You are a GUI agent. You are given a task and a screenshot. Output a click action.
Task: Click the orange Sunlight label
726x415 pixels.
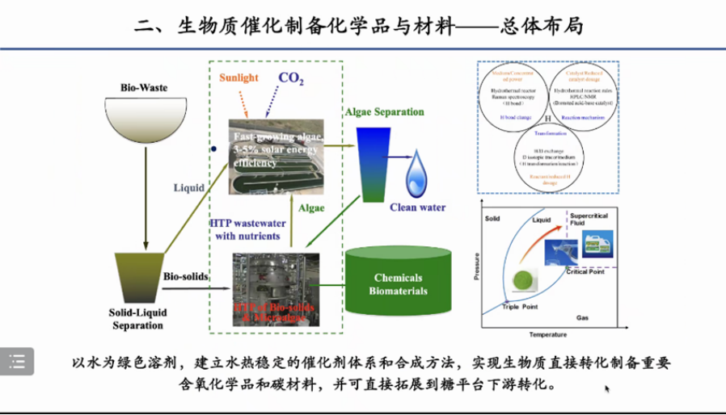coord(239,78)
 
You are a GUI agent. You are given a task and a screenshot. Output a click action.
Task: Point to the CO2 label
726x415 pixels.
coord(291,78)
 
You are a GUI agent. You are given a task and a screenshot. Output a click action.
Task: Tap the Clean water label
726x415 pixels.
coord(418,207)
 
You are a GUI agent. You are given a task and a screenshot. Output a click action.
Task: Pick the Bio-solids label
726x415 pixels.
coord(186,276)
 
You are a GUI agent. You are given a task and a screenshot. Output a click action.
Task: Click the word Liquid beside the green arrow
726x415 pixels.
coord(188,188)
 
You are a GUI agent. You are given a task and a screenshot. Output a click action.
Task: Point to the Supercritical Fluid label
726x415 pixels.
coord(594,221)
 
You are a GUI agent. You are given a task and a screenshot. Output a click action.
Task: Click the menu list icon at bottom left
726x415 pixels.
coord(17,360)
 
